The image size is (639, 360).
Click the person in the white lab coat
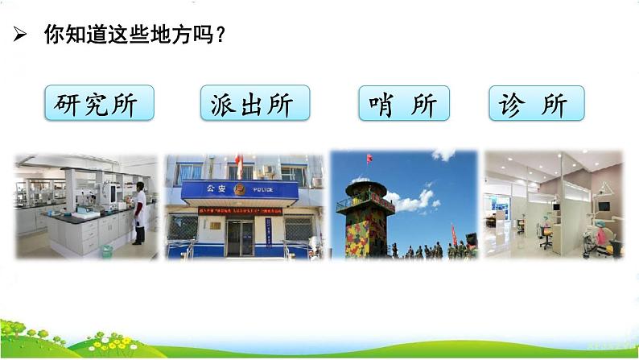click(x=139, y=213)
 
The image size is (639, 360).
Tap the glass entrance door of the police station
click(x=239, y=238)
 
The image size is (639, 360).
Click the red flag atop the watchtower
click(x=369, y=158)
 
